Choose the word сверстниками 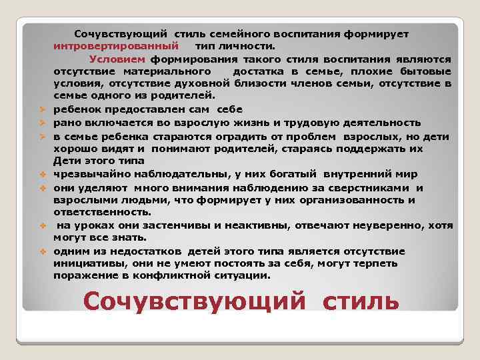coord(377,187)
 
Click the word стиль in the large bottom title coord(361,301)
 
